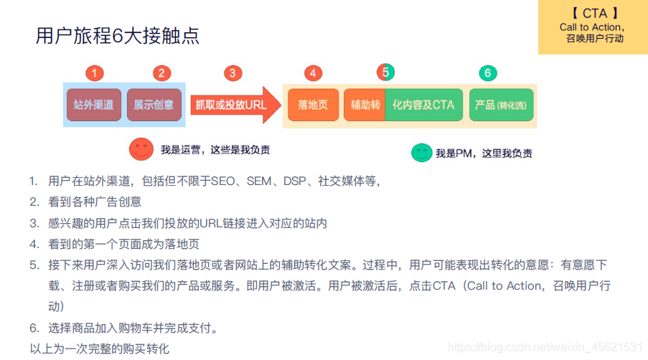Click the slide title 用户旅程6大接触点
(x=118, y=36)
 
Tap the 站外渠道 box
(x=94, y=105)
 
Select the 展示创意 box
(x=154, y=105)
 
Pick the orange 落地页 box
(x=313, y=105)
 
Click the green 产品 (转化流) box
(x=501, y=105)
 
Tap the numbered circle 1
(x=95, y=73)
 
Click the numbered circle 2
(x=161, y=73)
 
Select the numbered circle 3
(x=233, y=73)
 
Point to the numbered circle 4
(x=313, y=73)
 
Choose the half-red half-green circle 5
(x=385, y=72)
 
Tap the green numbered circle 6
(x=487, y=73)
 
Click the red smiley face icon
(x=141, y=148)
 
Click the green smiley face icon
(x=421, y=152)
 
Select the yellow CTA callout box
(x=593, y=27)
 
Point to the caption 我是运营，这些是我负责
(x=215, y=150)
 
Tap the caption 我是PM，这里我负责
(x=484, y=153)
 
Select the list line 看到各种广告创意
(x=95, y=202)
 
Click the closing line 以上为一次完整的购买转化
(x=99, y=349)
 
